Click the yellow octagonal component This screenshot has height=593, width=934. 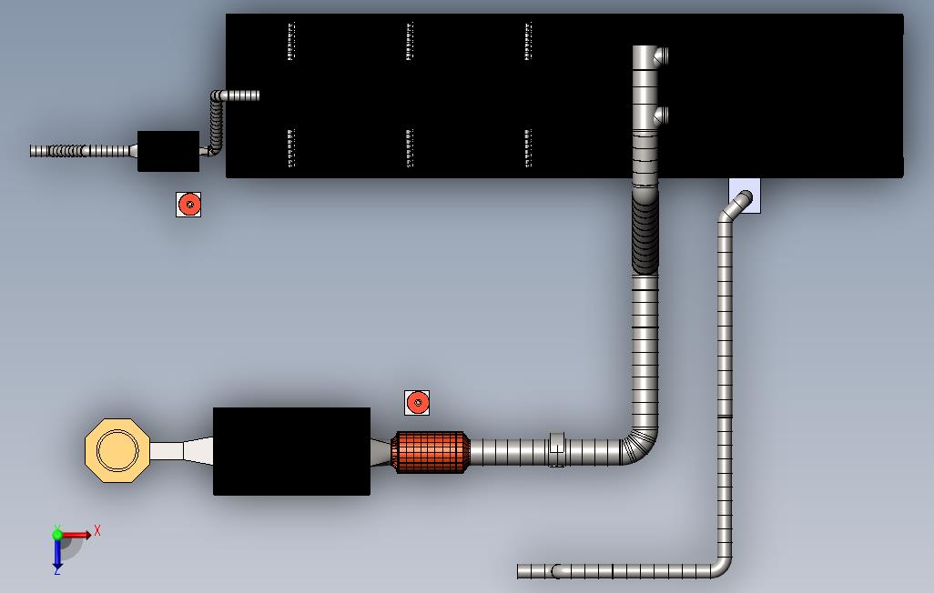(x=117, y=450)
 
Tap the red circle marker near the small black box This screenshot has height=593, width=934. (x=189, y=205)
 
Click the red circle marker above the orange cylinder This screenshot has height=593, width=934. (x=417, y=403)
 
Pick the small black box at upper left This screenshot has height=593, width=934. (x=168, y=151)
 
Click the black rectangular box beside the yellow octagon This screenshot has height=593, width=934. (x=292, y=451)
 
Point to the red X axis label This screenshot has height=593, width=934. (x=97, y=530)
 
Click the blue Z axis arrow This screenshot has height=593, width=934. (x=57, y=554)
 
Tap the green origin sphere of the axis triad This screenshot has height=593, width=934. (x=57, y=535)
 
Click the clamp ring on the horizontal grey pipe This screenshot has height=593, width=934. (x=556, y=450)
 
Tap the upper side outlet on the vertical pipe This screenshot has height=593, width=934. (x=661, y=56)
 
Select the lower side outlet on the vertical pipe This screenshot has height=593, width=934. (x=661, y=116)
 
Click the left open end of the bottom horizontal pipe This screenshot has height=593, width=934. (x=520, y=571)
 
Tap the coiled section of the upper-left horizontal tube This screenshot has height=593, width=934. (x=68, y=151)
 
